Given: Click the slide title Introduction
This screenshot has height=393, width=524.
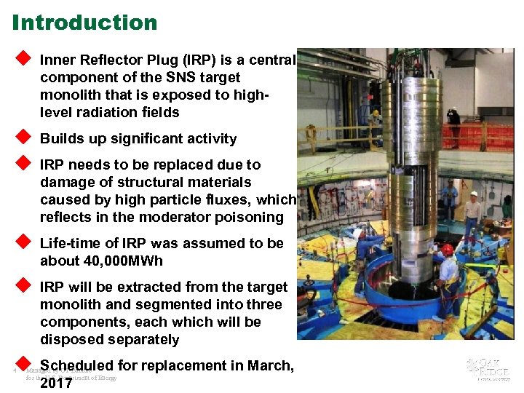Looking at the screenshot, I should coord(84,23).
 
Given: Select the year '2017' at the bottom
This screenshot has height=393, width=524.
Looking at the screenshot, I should coord(56,383).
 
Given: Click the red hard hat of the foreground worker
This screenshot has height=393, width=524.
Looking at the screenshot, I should coord(447,250).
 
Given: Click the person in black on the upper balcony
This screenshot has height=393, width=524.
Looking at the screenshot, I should coord(453,124).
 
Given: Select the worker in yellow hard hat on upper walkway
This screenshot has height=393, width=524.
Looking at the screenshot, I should coord(376,124).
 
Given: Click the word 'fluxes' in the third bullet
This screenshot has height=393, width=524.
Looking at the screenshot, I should coord(220,200).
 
